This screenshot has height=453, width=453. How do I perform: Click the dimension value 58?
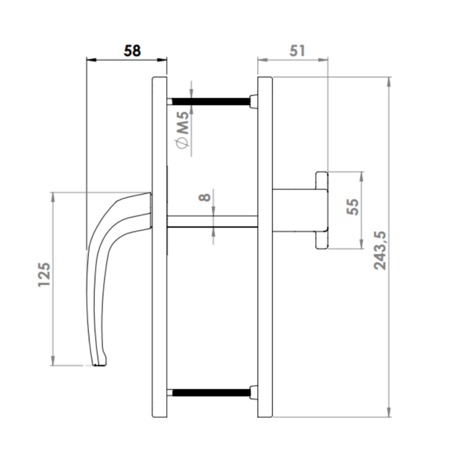132,50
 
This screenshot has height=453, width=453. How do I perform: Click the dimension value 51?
297,50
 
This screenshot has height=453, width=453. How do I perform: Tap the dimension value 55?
353,207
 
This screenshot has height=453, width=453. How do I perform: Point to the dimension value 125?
45,275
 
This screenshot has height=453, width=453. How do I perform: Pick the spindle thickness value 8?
204,198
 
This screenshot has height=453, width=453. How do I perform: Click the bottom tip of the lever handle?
99,364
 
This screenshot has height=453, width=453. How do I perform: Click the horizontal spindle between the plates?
213,221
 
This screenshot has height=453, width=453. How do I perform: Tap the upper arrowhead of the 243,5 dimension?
389,81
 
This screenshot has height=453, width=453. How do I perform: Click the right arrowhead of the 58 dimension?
164,59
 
